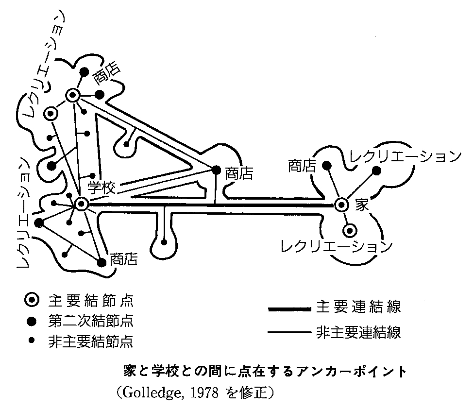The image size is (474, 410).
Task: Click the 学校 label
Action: point(102,188)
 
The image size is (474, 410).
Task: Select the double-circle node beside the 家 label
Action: point(341,205)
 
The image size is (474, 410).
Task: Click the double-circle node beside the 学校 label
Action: point(81,205)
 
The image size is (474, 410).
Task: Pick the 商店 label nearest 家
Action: point(302,166)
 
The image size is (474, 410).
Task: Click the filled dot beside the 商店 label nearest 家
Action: point(327,166)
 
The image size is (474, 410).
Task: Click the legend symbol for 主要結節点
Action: point(33,300)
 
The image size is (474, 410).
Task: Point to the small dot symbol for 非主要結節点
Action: point(33,341)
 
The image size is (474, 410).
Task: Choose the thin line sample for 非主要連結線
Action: point(289,333)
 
